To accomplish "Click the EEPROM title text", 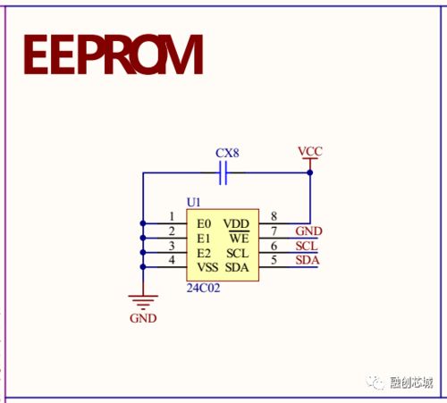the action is (x=114, y=55).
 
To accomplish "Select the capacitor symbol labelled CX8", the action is (x=223, y=172).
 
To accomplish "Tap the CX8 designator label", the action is (x=227, y=153).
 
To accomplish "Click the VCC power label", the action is (x=310, y=151).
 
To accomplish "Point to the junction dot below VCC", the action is (x=310, y=172).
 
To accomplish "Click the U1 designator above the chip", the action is (x=193, y=203).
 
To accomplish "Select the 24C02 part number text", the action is (x=203, y=288).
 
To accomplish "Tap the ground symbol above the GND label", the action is (x=143, y=302).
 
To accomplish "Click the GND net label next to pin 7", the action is (x=308, y=231).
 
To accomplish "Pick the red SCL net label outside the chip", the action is (x=307, y=246).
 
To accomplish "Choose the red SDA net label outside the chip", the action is (x=308, y=260).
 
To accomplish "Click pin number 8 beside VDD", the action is (x=274, y=216).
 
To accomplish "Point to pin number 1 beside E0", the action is (x=172, y=216).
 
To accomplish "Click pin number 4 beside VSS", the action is (x=172, y=260).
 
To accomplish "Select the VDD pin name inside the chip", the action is (x=236, y=223).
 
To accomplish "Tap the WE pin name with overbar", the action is (x=240, y=238).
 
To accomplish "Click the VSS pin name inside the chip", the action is (x=207, y=267).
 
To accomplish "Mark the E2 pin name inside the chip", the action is (x=204, y=253).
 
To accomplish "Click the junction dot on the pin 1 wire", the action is (x=143, y=223).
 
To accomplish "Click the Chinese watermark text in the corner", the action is (x=411, y=382).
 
